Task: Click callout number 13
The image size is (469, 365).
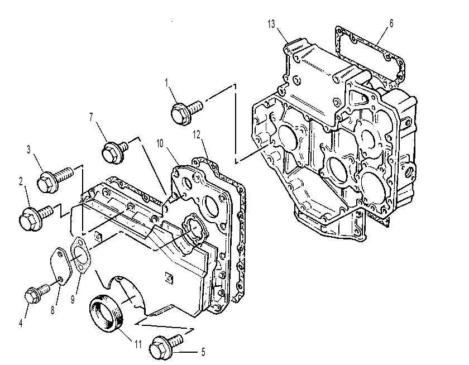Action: (x=271, y=24)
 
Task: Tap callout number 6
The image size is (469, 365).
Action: (x=391, y=23)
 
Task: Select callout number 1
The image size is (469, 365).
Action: (x=166, y=83)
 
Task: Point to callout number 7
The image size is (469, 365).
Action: (x=91, y=117)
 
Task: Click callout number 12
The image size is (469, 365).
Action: (x=196, y=135)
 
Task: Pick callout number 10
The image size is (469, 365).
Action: (x=160, y=144)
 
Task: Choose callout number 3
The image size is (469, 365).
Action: (x=28, y=149)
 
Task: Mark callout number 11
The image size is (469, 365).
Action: (x=137, y=344)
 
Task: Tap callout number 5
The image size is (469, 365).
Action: (x=203, y=352)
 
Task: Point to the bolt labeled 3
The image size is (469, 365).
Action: (x=55, y=179)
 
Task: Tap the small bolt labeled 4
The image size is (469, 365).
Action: (x=37, y=293)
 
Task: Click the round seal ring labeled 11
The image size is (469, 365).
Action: (x=107, y=313)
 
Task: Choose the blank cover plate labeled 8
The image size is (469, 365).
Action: (x=61, y=266)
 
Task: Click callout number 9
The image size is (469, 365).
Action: (x=73, y=299)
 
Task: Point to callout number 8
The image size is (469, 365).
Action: (x=52, y=310)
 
